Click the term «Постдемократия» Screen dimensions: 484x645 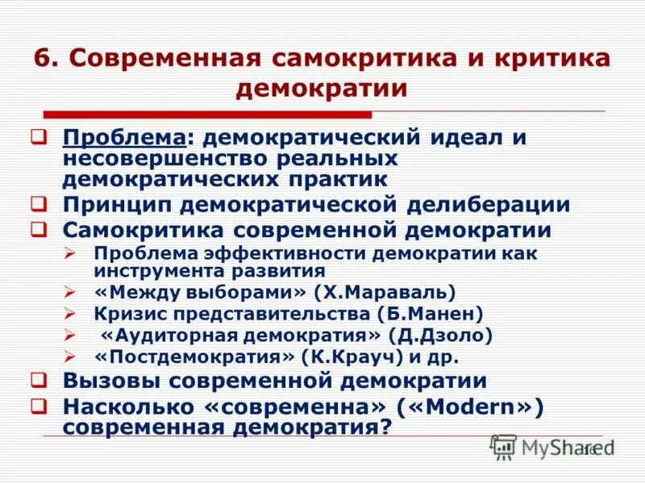tap(194, 357)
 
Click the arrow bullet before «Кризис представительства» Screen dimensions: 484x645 tap(70, 313)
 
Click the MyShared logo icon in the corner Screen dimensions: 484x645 tap(504, 447)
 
